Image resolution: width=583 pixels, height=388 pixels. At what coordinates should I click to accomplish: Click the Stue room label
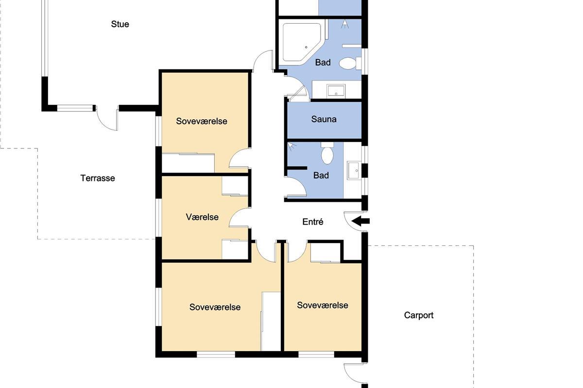pyautogui.click(x=120, y=24)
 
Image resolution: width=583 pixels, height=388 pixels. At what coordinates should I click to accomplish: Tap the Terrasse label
pyautogui.click(x=98, y=178)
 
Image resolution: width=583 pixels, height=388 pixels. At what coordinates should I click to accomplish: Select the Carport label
pyautogui.click(x=418, y=315)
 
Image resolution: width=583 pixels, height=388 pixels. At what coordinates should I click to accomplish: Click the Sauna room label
pyautogui.click(x=324, y=119)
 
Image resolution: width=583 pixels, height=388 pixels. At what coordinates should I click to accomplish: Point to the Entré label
pyautogui.click(x=313, y=222)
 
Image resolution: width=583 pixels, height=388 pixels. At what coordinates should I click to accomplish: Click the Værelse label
pyautogui.click(x=202, y=217)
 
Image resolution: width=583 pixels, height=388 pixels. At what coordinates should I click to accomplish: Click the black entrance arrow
pyautogui.click(x=360, y=221)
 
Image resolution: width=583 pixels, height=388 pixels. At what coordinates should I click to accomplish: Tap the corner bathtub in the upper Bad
pyautogui.click(x=303, y=44)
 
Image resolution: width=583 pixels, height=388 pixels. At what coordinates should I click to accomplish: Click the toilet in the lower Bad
pyautogui.click(x=327, y=153)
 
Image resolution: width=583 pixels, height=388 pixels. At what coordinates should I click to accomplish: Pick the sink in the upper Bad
pyautogui.click(x=336, y=92)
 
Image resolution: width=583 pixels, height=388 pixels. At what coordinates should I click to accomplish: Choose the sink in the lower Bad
pyautogui.click(x=354, y=170)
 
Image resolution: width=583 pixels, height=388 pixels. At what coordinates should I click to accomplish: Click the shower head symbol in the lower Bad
pyautogui.click(x=292, y=147)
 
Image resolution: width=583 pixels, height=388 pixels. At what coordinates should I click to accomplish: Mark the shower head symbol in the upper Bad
pyautogui.click(x=345, y=24)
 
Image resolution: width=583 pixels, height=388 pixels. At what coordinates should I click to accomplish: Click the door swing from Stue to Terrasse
pyautogui.click(x=107, y=119)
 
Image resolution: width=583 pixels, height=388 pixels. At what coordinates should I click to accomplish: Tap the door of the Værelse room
pyautogui.click(x=238, y=218)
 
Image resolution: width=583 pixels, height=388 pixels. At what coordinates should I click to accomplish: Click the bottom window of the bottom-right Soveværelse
pyautogui.click(x=316, y=354)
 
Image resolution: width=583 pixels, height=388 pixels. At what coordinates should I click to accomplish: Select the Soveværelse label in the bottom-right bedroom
pyautogui.click(x=323, y=305)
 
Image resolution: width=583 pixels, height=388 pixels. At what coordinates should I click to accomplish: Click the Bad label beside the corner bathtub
pyautogui.click(x=323, y=63)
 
